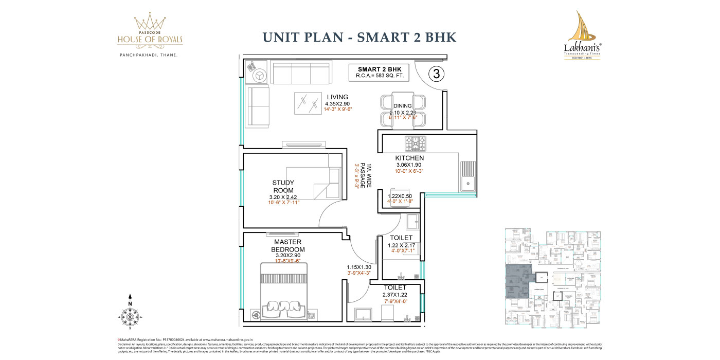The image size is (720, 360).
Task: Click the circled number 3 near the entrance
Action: [436, 74]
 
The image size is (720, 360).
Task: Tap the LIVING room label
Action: [337, 97]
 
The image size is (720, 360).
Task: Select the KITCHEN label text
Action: [409, 158]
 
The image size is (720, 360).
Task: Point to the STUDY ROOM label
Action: [283, 186]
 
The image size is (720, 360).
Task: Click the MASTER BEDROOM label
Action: [287, 245]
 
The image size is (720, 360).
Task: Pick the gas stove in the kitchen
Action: [415, 142]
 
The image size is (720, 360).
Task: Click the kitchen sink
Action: [469, 175]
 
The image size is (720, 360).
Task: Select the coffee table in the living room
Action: [308, 103]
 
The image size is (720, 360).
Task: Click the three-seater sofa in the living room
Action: [301, 73]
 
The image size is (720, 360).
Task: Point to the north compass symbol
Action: [130, 313]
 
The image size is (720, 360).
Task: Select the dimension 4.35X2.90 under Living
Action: [337, 103]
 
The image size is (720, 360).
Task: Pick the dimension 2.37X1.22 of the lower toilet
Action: [395, 295]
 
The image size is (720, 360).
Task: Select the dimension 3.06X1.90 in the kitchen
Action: [409, 165]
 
